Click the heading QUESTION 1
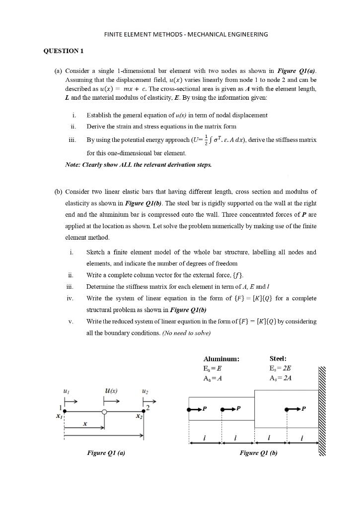[64, 51]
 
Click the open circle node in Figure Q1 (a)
[104, 412]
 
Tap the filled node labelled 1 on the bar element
[64, 411]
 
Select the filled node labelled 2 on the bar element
[144, 411]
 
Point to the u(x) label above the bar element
[111, 391]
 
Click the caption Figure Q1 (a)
[106, 453]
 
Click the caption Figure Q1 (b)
[258, 453]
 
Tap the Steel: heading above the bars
[278, 358]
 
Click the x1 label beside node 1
[59, 416]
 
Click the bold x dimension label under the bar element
[85, 424]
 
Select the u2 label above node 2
[144, 391]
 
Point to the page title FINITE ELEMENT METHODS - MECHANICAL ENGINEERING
[186, 34]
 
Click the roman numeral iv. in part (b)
[70, 298]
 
